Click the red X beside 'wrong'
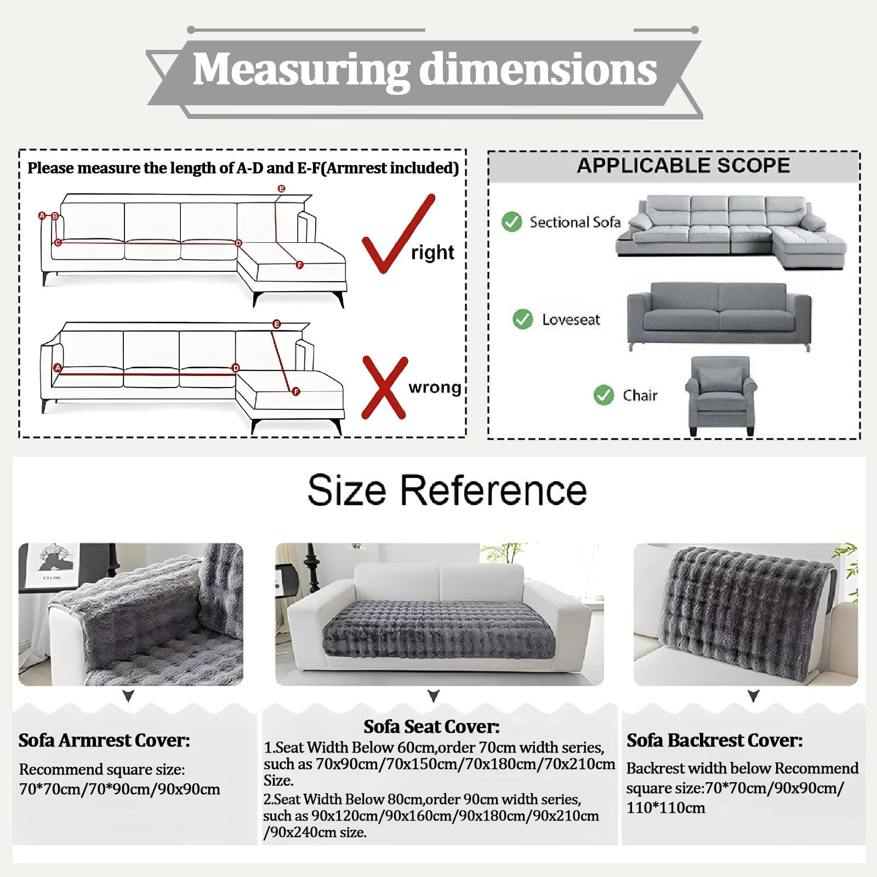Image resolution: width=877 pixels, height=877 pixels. click(x=385, y=388)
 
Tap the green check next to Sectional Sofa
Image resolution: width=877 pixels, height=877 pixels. click(x=511, y=221)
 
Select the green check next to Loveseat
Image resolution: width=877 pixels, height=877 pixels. click(x=522, y=319)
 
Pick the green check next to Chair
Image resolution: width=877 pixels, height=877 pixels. click(x=603, y=395)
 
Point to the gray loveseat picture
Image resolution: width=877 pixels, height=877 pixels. click(x=719, y=317)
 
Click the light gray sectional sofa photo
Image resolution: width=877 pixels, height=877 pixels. click(x=731, y=232)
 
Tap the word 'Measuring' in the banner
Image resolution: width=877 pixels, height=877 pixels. click(x=301, y=70)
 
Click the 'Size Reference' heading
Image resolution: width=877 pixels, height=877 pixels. click(x=447, y=490)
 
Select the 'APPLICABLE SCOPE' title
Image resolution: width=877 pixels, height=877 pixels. click(x=684, y=166)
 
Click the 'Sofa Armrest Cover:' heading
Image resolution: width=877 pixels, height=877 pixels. click(x=104, y=741)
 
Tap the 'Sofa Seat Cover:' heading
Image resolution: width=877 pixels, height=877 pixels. click(x=431, y=727)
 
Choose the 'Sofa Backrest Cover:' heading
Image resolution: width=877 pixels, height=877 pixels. click(x=715, y=741)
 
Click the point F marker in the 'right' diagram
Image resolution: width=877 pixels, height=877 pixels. click(x=299, y=265)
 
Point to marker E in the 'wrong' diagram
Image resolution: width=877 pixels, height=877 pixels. click(x=276, y=324)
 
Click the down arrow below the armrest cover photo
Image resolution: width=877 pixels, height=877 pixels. click(x=128, y=696)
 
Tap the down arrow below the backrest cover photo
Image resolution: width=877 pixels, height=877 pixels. click(x=754, y=696)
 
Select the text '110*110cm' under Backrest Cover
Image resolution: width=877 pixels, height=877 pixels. click(x=665, y=807)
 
